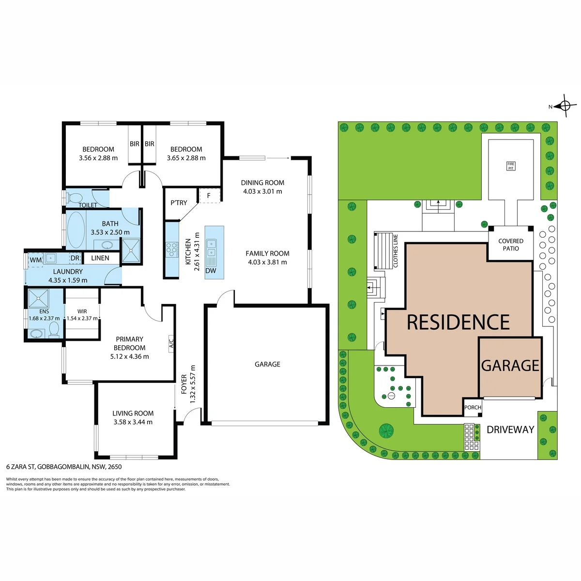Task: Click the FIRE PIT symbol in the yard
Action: click(x=510, y=166)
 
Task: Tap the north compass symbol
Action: click(x=564, y=106)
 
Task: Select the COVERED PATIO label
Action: click(x=510, y=245)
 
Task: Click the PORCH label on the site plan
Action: click(x=472, y=407)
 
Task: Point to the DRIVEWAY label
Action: click(x=510, y=429)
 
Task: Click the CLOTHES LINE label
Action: click(x=396, y=251)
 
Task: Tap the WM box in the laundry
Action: click(x=35, y=260)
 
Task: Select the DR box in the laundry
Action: click(x=75, y=258)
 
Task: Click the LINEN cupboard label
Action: click(x=100, y=258)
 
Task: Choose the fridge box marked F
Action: click(x=209, y=196)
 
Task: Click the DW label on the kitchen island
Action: click(x=211, y=271)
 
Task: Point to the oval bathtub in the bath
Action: click(x=76, y=230)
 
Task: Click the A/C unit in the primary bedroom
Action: click(x=171, y=344)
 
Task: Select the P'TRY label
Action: click(x=179, y=203)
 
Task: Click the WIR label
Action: click(x=82, y=311)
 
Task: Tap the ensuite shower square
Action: click(x=38, y=299)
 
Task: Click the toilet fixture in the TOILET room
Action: click(x=74, y=198)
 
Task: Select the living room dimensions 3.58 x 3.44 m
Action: click(x=133, y=422)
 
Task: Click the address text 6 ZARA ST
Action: click(x=21, y=467)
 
